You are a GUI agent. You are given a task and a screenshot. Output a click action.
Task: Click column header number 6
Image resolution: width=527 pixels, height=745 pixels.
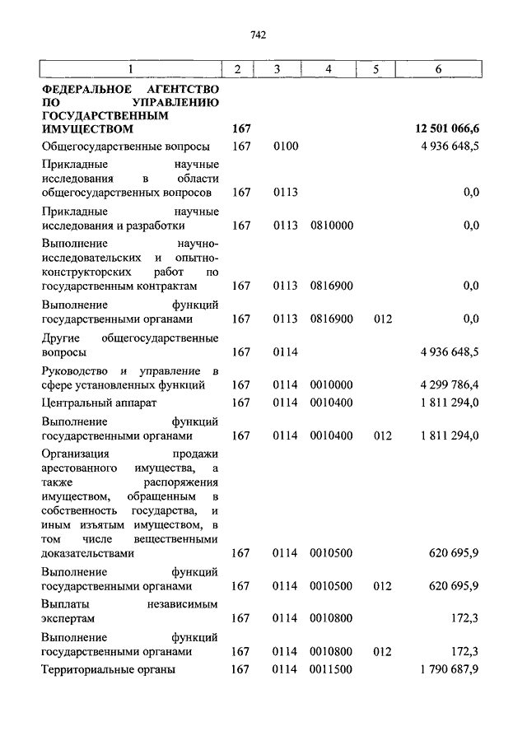(438, 69)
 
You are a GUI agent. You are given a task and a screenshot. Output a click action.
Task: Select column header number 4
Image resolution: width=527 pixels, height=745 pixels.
(329, 69)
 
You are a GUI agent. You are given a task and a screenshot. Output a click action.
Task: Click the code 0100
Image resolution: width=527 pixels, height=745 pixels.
(285, 147)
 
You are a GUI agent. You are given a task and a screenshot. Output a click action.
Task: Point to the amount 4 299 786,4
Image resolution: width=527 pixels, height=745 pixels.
(449, 384)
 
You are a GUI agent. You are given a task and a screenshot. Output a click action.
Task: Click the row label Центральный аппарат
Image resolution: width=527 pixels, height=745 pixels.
(98, 403)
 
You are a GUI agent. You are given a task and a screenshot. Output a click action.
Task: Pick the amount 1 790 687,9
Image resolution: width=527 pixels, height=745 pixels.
(449, 669)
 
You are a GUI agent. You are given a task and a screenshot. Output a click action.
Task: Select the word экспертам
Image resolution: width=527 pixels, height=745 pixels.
(68, 618)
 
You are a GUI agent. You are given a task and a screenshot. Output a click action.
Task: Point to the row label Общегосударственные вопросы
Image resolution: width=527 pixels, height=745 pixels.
(125, 147)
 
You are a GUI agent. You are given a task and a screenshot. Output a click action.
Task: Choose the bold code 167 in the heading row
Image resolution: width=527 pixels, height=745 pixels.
(240, 129)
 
